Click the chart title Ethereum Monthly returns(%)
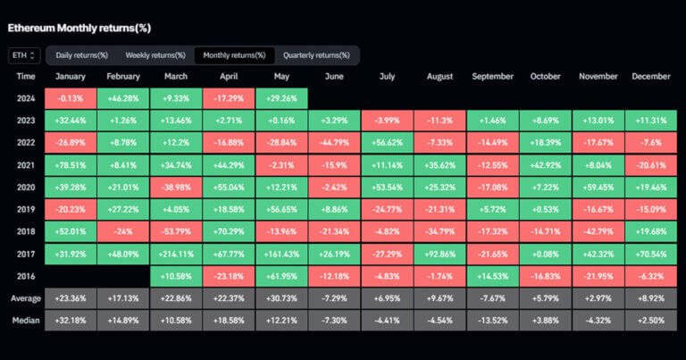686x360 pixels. click(x=79, y=28)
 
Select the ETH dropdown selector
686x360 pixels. click(x=23, y=55)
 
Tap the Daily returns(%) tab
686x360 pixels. click(x=81, y=55)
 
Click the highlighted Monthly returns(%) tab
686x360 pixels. click(x=234, y=55)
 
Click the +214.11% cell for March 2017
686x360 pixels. click(x=177, y=253)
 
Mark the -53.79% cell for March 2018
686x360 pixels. click(x=177, y=230)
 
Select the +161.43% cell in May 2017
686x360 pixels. click(x=281, y=253)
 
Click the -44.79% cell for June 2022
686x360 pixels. click(x=334, y=143)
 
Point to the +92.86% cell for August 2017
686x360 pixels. click(x=439, y=253)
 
